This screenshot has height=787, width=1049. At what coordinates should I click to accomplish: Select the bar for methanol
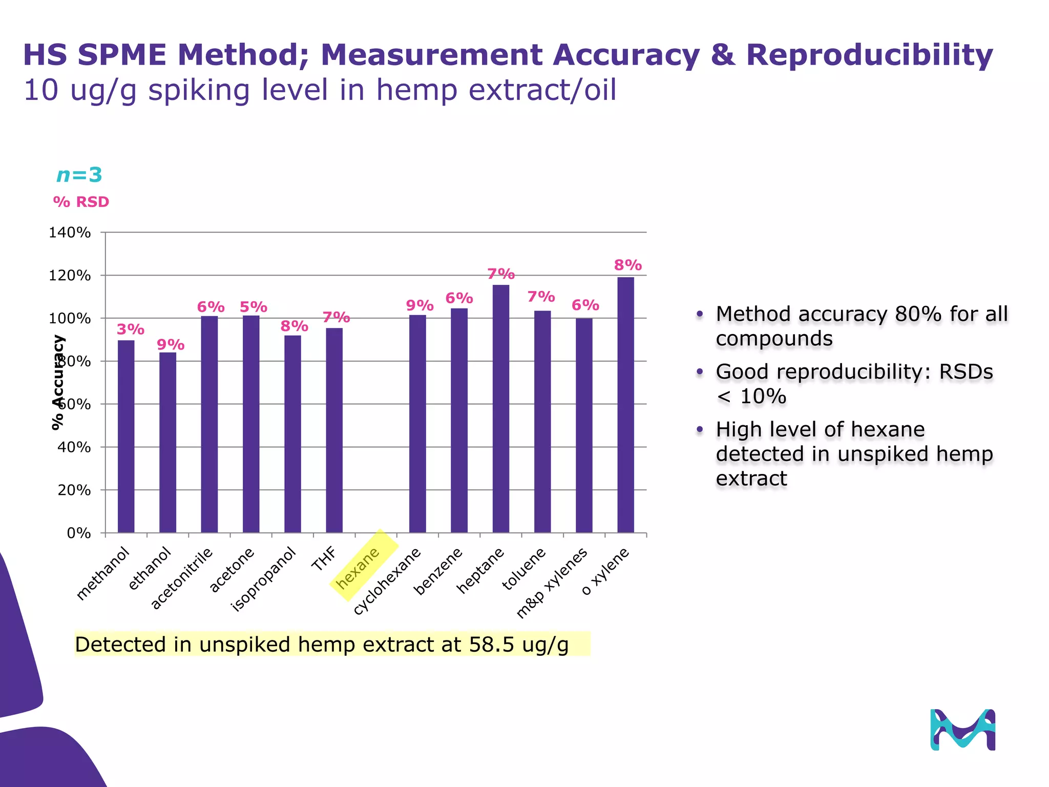click(126, 437)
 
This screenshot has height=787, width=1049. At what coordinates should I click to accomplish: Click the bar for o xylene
click(625, 405)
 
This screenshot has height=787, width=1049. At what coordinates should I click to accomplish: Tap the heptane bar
click(501, 409)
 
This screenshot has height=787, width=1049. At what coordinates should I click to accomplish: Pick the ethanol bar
click(167, 443)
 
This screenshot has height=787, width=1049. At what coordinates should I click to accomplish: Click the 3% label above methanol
click(131, 329)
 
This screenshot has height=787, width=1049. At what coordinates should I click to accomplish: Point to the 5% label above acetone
click(254, 307)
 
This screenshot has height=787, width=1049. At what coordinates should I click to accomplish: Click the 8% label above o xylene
click(628, 265)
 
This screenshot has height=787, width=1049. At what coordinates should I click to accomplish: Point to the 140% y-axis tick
click(70, 233)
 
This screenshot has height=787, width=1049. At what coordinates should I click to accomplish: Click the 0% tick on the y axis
click(79, 533)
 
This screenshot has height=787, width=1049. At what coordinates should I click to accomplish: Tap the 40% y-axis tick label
click(74, 447)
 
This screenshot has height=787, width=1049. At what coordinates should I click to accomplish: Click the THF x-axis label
click(324, 559)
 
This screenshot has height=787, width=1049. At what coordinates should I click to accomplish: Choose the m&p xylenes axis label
click(552, 583)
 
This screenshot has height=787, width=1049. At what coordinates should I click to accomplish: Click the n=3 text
click(79, 175)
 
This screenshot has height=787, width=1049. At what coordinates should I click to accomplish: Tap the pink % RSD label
click(81, 202)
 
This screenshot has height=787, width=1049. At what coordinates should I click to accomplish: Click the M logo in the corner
click(962, 730)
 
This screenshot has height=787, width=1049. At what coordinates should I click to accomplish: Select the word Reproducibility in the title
click(869, 55)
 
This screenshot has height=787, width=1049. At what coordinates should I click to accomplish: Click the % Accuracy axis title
click(58, 382)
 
